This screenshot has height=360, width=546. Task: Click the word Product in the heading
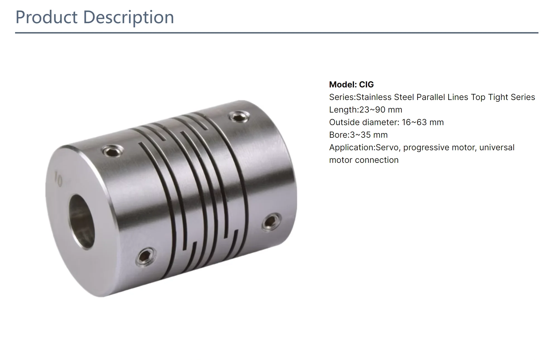coord(46,17)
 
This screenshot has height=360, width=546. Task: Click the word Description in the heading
coord(128,17)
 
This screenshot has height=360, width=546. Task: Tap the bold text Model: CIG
coord(351,84)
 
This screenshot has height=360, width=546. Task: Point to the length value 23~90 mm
coord(380,110)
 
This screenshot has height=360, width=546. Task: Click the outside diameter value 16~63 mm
coord(423,122)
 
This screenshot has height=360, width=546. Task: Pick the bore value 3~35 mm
coord(369,135)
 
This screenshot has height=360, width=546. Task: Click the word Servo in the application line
coord(387,147)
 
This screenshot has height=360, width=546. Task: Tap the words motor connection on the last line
coord(364,160)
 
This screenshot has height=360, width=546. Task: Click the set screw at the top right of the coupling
coord(238,116)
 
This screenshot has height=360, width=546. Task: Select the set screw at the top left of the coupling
coord(112,151)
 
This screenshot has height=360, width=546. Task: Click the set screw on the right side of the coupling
coord(271,222)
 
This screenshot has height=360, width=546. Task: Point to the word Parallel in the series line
coord(431,97)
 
